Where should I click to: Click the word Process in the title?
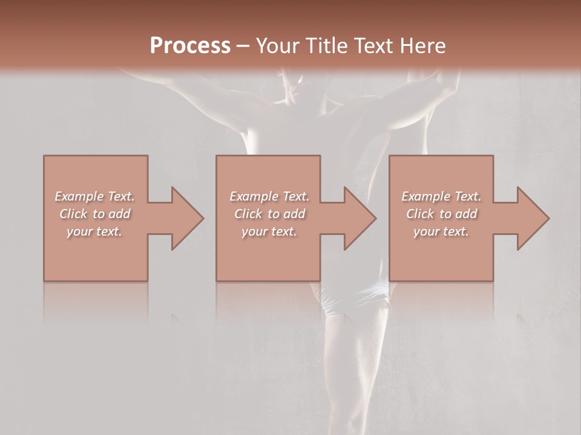[x=190, y=46]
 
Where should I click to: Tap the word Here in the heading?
[x=422, y=46]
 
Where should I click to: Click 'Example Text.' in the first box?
[x=94, y=196]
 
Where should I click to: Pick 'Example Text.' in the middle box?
[x=269, y=196]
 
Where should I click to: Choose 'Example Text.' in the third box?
[x=441, y=196]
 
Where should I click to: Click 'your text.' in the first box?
[x=94, y=231]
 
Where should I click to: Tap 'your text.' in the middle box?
[x=269, y=231]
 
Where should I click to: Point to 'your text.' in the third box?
[x=441, y=231]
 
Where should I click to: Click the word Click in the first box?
[x=73, y=214]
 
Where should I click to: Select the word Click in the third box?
[x=420, y=214]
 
